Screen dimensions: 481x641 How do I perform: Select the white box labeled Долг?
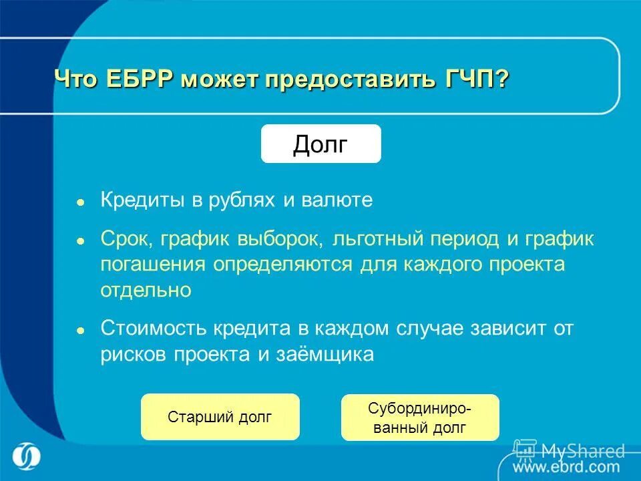pos(320,144)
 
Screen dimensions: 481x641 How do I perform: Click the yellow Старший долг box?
pos(220,418)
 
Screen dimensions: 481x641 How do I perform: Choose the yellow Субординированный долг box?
pos(420,418)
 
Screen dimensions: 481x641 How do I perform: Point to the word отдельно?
pos(146,289)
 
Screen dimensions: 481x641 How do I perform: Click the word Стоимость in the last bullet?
pos(154,328)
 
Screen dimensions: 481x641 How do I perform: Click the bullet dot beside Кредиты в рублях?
pos(80,201)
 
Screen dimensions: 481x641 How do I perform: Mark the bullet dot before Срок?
pos(80,239)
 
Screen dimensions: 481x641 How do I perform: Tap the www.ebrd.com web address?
pos(567,467)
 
